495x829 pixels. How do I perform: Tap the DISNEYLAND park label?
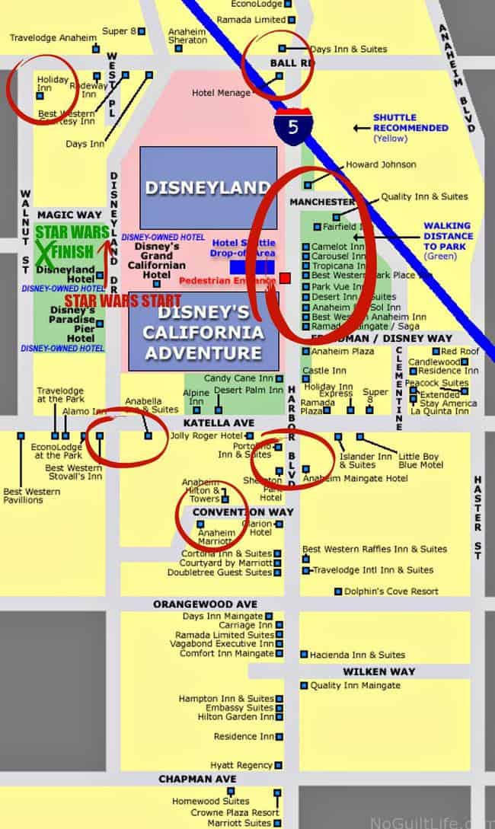coord(208,187)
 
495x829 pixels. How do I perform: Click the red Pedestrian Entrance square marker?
coord(285,278)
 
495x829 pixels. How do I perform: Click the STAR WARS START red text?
coord(123,301)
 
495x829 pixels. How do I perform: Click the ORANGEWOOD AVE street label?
coord(205,604)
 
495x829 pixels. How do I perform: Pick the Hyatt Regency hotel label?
coord(242,764)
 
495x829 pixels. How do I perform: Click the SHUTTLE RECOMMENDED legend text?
coord(410,123)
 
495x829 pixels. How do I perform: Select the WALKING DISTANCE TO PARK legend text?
coord(448,236)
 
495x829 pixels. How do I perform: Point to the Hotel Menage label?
coord(221,94)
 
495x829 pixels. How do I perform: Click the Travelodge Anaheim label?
coord(53,37)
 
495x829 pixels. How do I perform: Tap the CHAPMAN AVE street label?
coord(197,779)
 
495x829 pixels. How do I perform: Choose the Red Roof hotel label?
coord(460,351)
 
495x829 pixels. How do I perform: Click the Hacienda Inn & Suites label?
coord(357,655)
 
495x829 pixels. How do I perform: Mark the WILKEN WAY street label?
coord(378,671)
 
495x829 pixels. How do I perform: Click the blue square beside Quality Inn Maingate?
coord(304,685)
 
